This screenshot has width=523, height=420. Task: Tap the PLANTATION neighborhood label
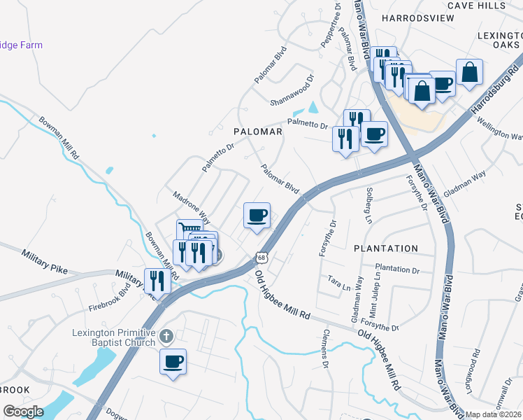[386, 248]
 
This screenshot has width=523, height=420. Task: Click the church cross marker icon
[166, 337]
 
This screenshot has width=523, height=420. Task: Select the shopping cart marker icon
[189, 229]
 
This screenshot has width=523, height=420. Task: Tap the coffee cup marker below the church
[173, 362]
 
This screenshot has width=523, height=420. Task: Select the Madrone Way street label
[186, 203]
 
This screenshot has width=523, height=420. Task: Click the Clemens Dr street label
[325, 349]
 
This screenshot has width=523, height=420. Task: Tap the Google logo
[23, 411]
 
